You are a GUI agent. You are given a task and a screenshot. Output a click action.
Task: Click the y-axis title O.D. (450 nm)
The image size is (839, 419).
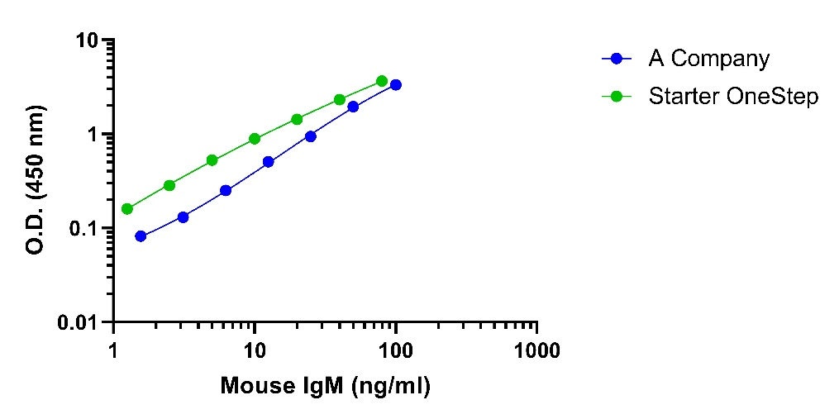coord(36,181)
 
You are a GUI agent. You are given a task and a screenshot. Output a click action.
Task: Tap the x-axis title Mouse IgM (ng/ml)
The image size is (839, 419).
coord(326,387)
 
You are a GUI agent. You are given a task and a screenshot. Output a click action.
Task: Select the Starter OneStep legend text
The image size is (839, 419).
coord(733,97)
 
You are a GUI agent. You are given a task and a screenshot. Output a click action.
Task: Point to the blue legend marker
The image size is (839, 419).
coord(617,60)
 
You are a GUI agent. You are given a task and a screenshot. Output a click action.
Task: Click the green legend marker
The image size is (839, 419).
coord(617,97)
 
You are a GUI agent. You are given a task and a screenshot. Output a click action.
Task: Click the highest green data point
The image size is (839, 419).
coord(382,81)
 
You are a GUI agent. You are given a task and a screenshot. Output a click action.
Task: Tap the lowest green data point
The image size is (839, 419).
coord(127,209)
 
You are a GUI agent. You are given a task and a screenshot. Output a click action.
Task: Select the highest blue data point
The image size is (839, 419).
coord(396,84)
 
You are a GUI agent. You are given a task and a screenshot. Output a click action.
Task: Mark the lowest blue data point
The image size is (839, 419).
coord(141,236)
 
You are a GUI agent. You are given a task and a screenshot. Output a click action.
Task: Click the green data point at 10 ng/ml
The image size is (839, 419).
coord(255,139)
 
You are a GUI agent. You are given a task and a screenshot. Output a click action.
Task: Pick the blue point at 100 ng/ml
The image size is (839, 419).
coord(396,84)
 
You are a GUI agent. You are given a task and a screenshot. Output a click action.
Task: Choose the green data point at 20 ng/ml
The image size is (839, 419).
coord(297,119)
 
